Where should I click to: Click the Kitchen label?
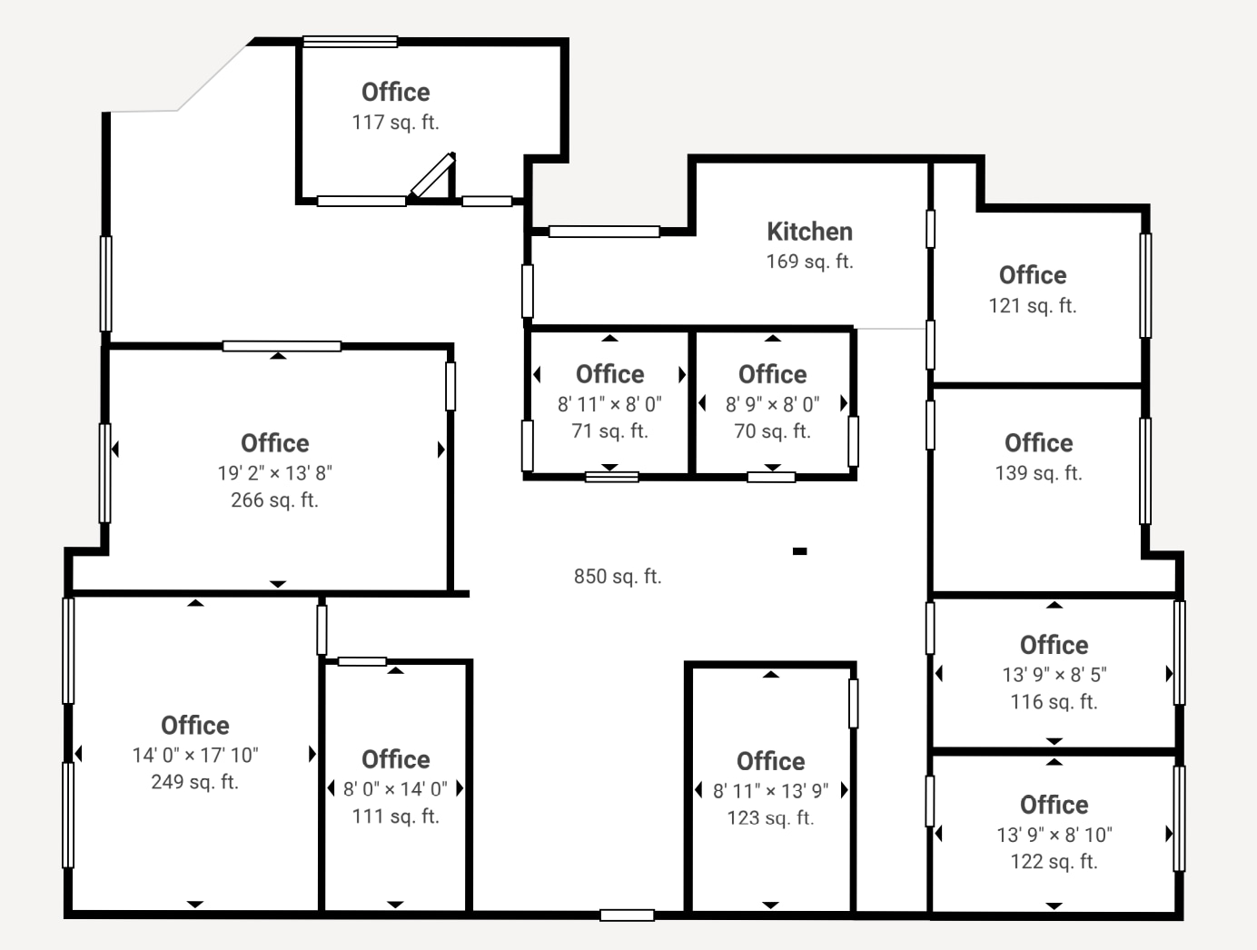(810, 232)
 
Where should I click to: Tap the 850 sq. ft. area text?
(618, 576)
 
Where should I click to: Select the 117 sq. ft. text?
(395, 123)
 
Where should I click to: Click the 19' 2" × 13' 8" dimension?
(275, 473)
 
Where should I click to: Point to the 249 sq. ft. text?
(194, 782)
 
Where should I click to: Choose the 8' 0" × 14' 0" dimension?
(395, 789)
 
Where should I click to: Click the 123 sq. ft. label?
(770, 817)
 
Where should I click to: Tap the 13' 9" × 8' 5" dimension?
(1054, 675)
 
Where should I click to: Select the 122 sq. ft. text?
(1054, 861)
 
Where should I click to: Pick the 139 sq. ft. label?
(1038, 473)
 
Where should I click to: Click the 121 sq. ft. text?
(1033, 306)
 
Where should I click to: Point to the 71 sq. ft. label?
(610, 430)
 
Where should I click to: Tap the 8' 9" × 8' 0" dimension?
(773, 404)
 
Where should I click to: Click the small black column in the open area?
(800, 551)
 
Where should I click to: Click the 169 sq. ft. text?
(810, 262)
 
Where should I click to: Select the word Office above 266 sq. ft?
(275, 443)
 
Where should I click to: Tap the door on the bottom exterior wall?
(627, 915)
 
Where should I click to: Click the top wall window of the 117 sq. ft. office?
(350, 41)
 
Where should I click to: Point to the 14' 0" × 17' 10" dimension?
(195, 756)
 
